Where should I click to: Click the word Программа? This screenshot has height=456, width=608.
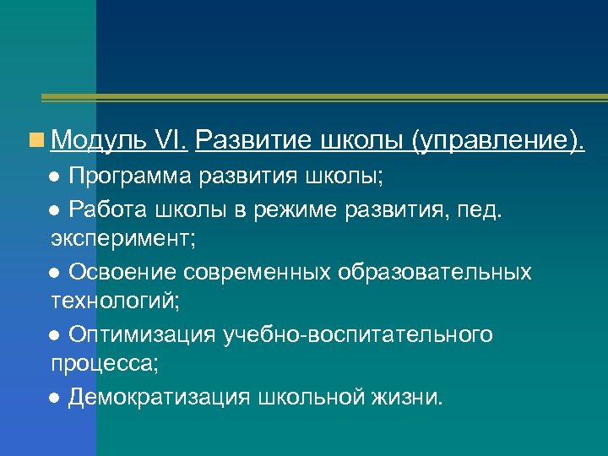(132, 176)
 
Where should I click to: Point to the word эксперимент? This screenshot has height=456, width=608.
(122, 239)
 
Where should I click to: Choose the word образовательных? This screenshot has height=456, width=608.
(435, 271)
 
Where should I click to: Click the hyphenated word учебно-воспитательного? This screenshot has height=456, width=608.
(357, 334)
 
